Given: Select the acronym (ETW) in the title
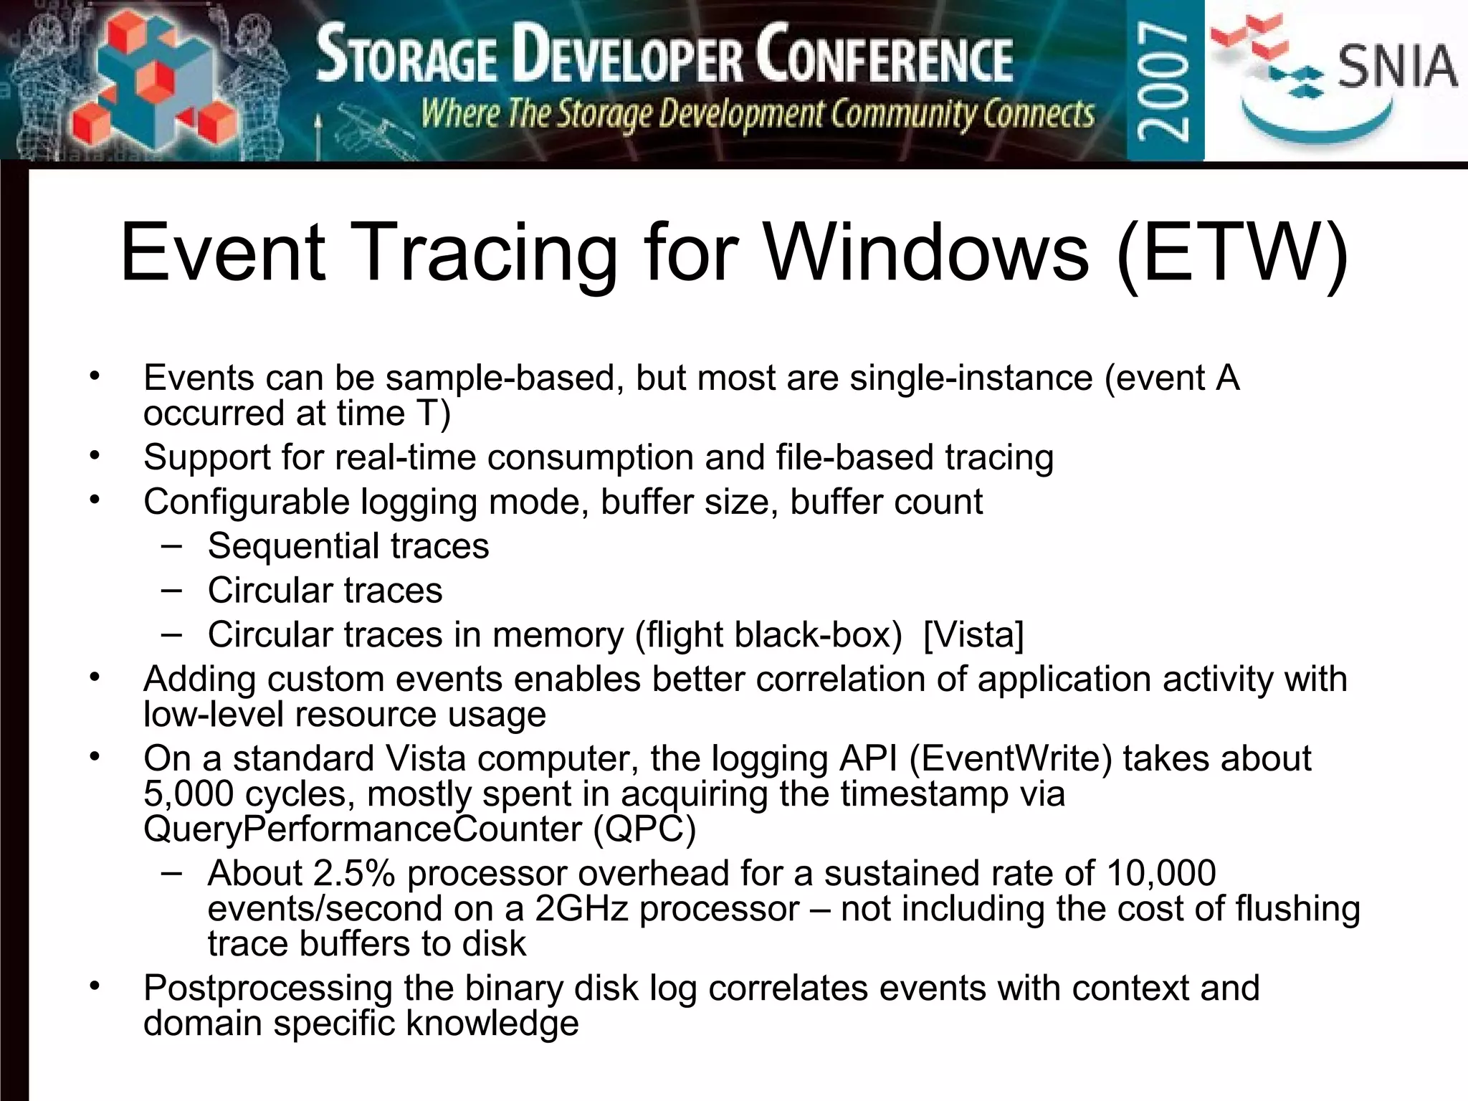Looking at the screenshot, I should pyautogui.click(x=1232, y=253).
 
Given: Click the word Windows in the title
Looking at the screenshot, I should pyautogui.click(x=925, y=253).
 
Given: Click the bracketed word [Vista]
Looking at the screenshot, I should pyautogui.click(x=973, y=635).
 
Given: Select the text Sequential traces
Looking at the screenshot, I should pyautogui.click(x=348, y=546).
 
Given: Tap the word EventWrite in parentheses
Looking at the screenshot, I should pyautogui.click(x=1011, y=758).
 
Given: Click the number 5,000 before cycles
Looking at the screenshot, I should pyautogui.click(x=188, y=794).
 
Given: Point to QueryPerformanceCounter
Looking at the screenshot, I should pyautogui.click(x=363, y=830).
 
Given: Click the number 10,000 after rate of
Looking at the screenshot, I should pyautogui.click(x=1160, y=874).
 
